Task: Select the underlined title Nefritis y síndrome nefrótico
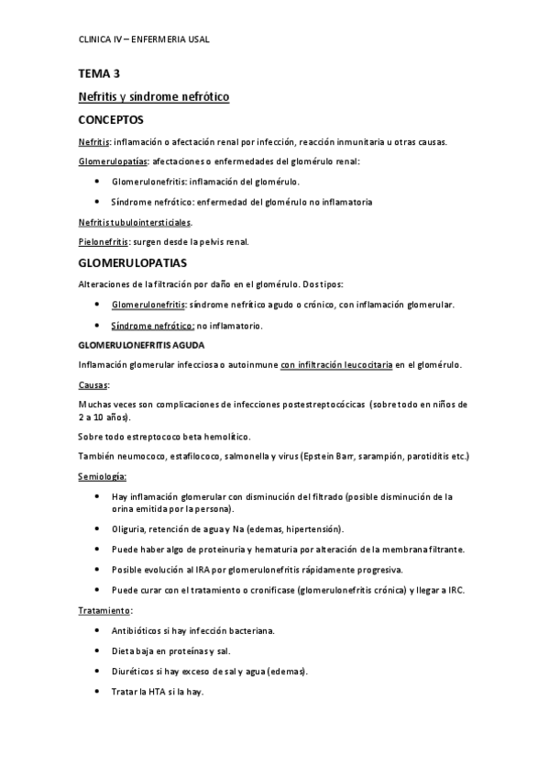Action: coord(153,95)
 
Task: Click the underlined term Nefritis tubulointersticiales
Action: coord(135,222)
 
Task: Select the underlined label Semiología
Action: coord(103,476)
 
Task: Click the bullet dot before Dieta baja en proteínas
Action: coord(98,651)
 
